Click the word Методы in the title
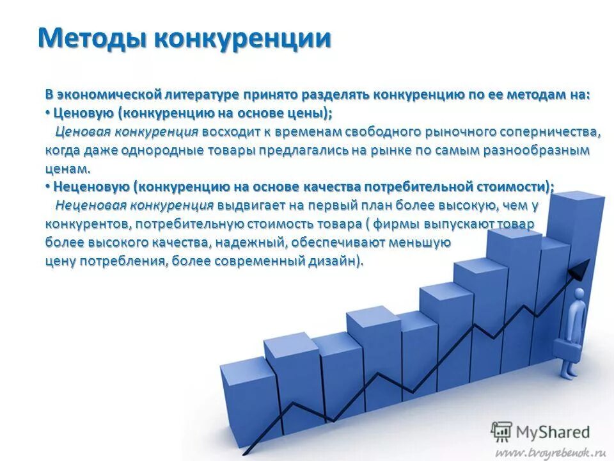(x=93, y=38)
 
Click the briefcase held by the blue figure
(x=567, y=349)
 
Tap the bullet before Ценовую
(x=47, y=113)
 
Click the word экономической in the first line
(x=107, y=94)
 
